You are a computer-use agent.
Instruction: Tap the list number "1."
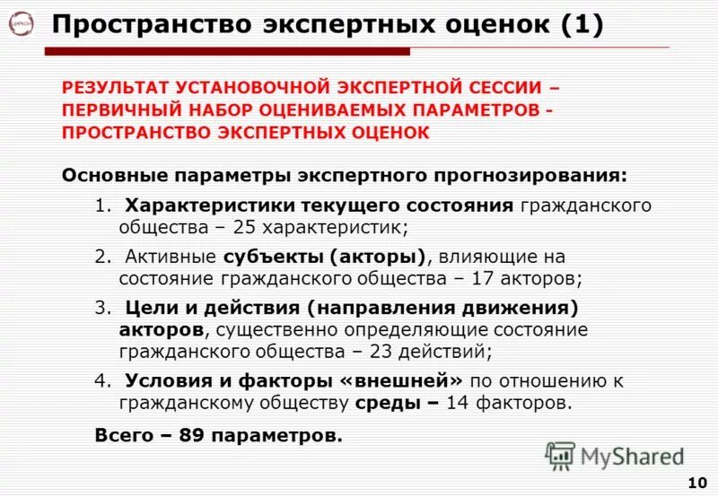point(101,205)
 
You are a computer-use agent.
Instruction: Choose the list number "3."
point(101,308)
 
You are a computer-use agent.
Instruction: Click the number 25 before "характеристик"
point(261,227)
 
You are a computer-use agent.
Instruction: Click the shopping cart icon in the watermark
point(559,456)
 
